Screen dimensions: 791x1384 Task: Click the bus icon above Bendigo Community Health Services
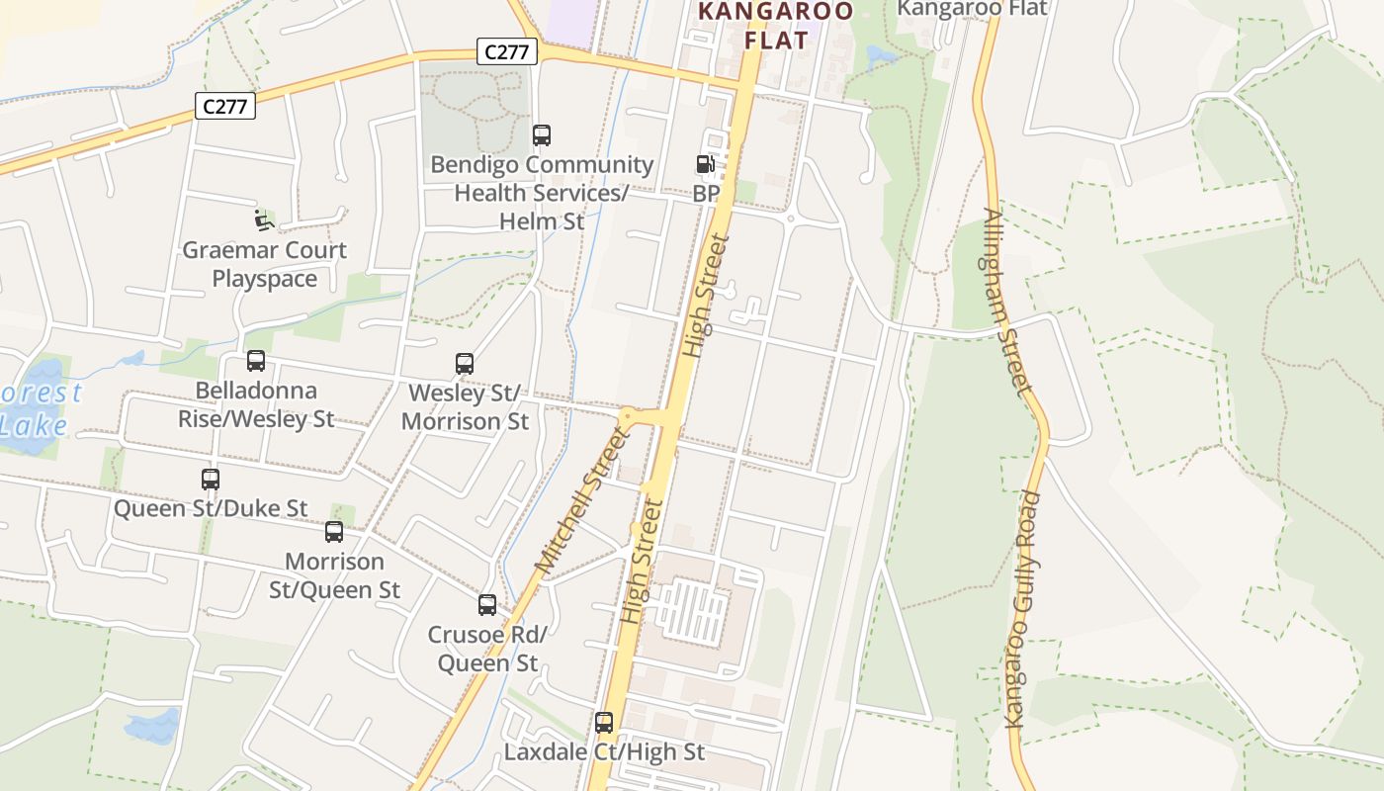click(542, 135)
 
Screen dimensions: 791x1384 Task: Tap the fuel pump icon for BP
click(705, 164)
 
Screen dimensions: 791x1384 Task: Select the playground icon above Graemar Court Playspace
click(264, 220)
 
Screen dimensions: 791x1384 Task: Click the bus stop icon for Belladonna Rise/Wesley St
click(256, 361)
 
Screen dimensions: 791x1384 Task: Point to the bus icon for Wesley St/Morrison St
click(465, 364)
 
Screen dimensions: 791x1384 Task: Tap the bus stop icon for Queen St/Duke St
click(211, 480)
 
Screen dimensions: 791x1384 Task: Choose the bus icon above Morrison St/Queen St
click(334, 532)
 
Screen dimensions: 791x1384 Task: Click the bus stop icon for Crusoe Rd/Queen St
click(487, 605)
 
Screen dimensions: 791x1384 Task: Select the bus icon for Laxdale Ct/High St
click(604, 723)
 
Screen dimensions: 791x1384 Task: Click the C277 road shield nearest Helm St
click(507, 51)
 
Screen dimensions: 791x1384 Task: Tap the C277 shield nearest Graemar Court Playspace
click(225, 106)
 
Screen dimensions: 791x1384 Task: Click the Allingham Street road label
click(1008, 302)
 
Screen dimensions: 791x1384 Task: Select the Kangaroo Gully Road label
click(1024, 609)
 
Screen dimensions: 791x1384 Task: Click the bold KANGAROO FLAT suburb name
click(776, 26)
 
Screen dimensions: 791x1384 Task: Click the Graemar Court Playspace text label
click(264, 264)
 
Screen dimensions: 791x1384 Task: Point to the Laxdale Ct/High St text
click(604, 752)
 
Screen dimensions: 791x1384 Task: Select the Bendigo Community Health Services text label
click(542, 193)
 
